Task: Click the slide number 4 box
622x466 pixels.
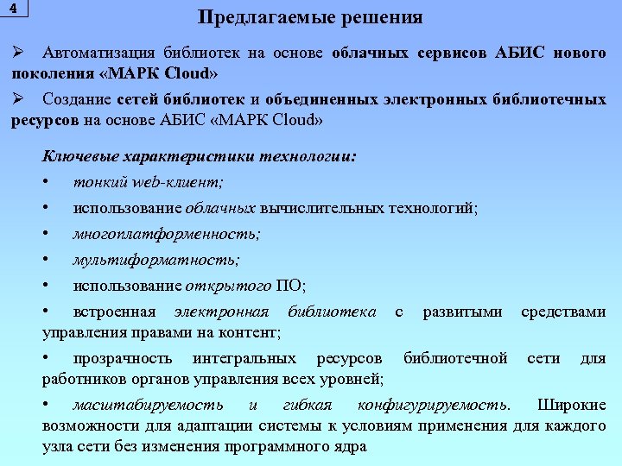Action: [14, 8]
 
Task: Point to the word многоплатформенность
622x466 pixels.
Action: [166, 234]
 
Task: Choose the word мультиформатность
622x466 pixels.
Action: [156, 260]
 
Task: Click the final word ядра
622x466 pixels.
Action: [349, 446]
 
